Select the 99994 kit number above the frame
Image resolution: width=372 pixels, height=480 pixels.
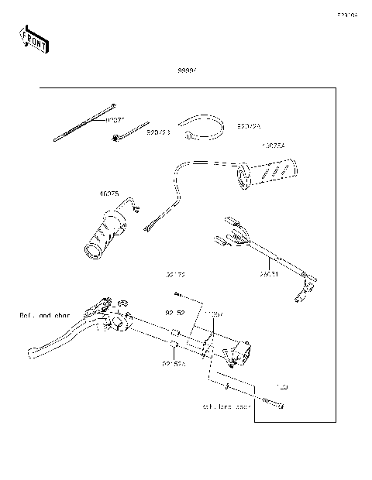188,70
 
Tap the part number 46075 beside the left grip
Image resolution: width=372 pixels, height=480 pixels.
108,195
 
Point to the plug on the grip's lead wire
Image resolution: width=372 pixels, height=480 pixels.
151,224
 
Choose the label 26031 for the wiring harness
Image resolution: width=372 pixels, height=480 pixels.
268,273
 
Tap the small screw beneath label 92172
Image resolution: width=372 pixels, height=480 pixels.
179,294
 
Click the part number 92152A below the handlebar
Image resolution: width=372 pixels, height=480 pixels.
174,364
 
